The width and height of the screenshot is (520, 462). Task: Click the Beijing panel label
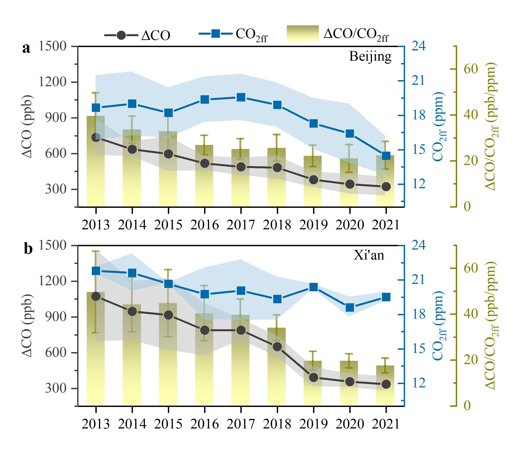[x=370, y=57]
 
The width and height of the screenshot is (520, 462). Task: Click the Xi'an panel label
[x=369, y=255]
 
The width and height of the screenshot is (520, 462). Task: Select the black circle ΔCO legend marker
[x=121, y=35]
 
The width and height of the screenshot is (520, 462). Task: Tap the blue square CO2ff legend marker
[x=216, y=34]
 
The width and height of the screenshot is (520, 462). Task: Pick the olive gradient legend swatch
[x=303, y=33]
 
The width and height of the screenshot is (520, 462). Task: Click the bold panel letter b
[x=28, y=249]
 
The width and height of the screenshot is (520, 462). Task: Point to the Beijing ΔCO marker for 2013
[x=96, y=137]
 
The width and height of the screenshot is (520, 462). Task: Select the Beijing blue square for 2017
[x=241, y=97]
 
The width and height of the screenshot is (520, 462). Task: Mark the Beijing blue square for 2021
[x=386, y=156]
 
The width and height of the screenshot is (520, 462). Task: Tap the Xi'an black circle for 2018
[x=277, y=347]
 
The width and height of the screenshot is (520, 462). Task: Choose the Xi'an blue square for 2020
[x=350, y=307]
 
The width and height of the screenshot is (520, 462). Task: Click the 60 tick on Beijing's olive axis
[x=470, y=69]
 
